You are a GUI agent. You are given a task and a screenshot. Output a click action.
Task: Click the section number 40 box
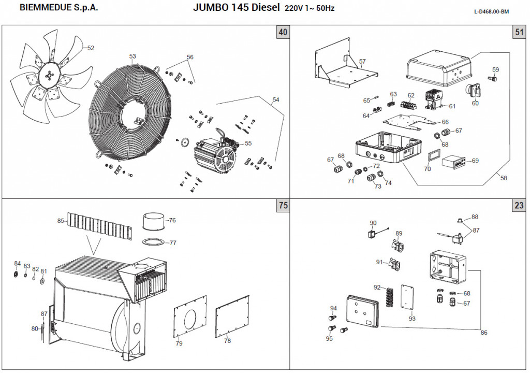pyautogui.click(x=283, y=33)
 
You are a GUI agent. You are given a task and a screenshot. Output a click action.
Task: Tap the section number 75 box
pyautogui.click(x=283, y=206)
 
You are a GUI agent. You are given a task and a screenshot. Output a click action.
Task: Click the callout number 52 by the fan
pyautogui.click(x=91, y=48)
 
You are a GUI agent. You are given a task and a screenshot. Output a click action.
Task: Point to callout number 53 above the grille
pyautogui.click(x=132, y=56)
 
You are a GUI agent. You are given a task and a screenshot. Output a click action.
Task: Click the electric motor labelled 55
pyautogui.click(x=214, y=155)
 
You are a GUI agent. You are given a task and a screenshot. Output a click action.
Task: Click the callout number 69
pyautogui.click(x=475, y=161)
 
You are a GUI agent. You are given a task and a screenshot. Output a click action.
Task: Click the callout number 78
pyautogui.click(x=227, y=341)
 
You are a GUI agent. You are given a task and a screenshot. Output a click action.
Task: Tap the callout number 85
pyautogui.click(x=61, y=221)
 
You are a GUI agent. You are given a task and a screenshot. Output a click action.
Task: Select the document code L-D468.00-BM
pyautogui.click(x=491, y=11)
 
